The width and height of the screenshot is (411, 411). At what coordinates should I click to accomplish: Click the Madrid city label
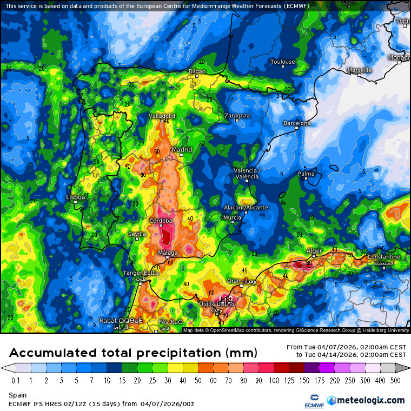point(182,149)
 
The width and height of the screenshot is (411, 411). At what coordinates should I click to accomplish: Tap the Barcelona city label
point(297,123)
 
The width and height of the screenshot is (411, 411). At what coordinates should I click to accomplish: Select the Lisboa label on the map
point(76,197)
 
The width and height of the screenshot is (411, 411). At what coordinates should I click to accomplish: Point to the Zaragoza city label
point(237,116)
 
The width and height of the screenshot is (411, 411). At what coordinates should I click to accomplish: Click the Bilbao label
point(197,71)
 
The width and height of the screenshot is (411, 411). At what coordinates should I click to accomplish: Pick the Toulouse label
point(283,62)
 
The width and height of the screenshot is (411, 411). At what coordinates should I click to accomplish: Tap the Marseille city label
point(359,70)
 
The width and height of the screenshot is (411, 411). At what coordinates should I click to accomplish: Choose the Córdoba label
point(161,221)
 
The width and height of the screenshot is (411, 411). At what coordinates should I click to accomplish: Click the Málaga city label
point(168,253)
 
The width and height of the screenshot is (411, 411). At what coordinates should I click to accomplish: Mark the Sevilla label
point(137,234)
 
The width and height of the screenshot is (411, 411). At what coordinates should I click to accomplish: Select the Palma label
point(306,174)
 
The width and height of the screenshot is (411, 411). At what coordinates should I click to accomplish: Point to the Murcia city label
point(232,217)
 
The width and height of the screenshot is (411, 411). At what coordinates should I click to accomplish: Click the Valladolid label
point(162,116)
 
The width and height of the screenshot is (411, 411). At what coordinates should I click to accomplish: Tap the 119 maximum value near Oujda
point(226,299)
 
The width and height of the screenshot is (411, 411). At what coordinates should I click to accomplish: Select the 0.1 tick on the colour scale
point(15,380)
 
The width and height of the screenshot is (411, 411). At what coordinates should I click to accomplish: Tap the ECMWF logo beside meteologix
point(310,400)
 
